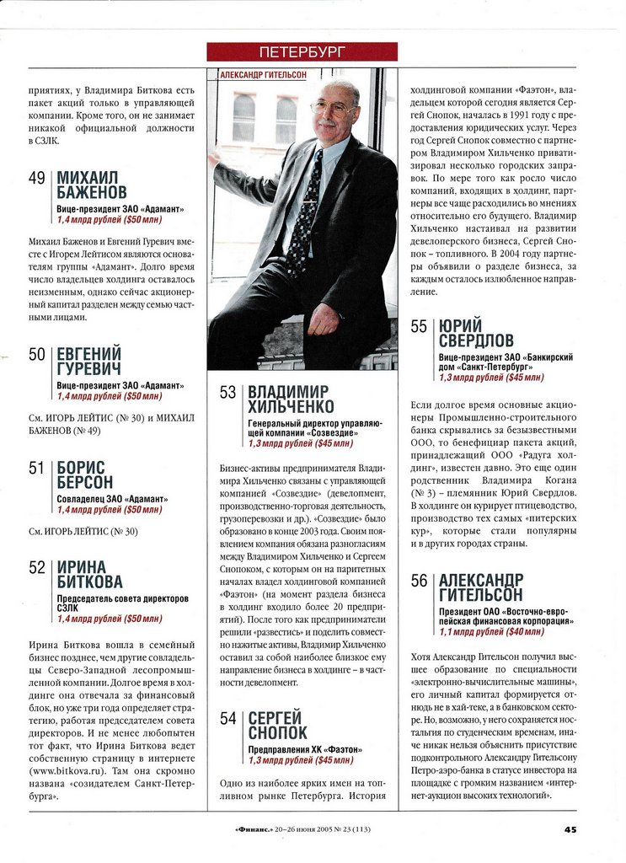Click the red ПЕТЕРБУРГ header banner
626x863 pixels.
(302, 51)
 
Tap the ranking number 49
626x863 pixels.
(37, 179)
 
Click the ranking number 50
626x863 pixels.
(37, 355)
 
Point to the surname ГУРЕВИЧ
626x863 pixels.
(88, 369)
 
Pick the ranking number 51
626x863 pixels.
(37, 468)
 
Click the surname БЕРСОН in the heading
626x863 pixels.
(84, 482)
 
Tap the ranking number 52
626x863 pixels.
(37, 567)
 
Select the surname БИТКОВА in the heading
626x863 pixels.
(89, 582)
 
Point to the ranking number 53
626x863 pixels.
(227, 393)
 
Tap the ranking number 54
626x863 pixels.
(227, 718)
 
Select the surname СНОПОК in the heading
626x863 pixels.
(278, 733)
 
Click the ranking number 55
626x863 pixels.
(419, 327)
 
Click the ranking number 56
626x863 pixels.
(419, 581)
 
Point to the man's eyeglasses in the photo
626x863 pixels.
(332, 107)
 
